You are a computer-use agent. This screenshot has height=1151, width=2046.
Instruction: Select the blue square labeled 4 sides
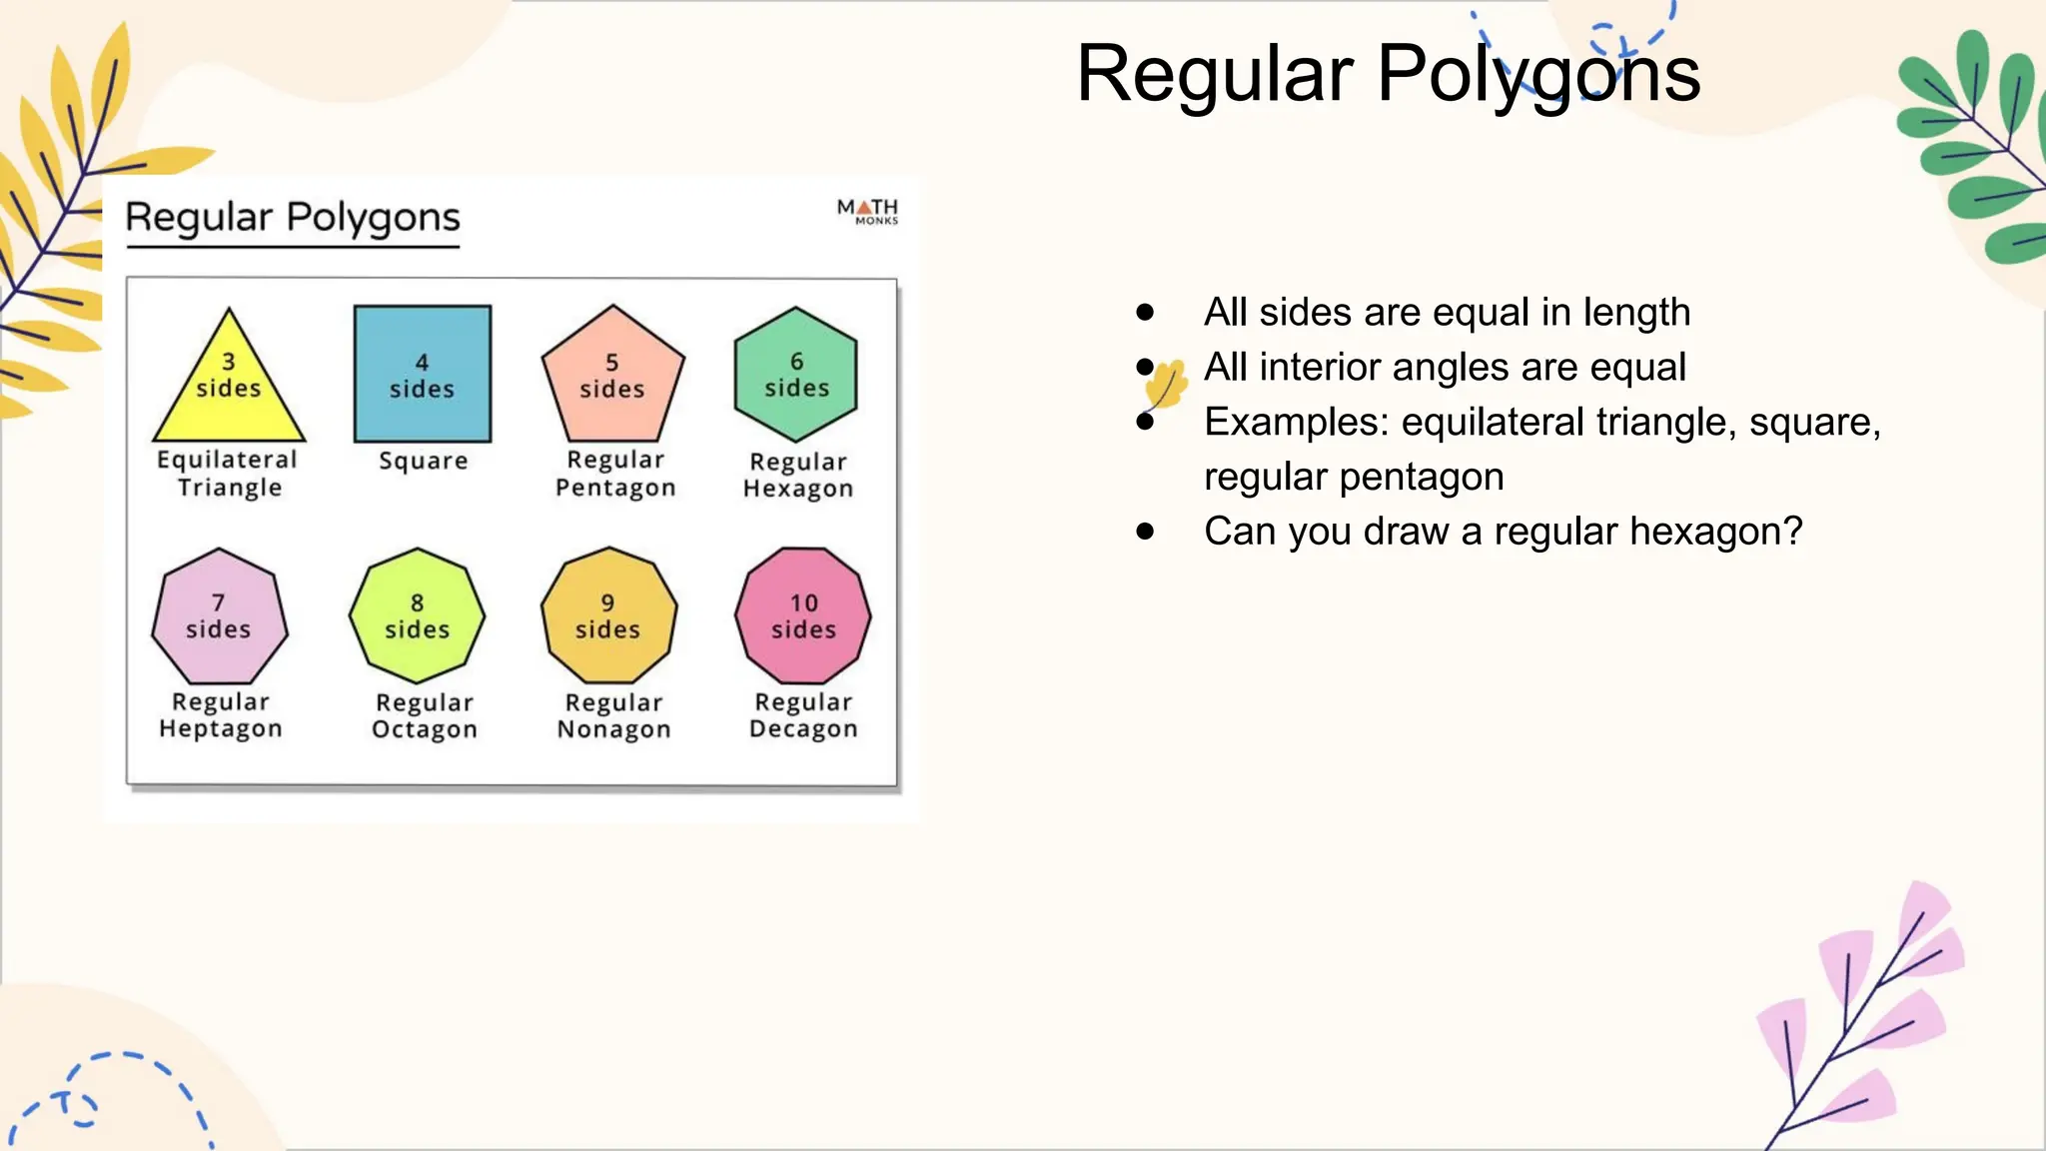[423, 374]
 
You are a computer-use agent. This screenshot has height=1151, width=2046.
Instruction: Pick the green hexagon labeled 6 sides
[796, 375]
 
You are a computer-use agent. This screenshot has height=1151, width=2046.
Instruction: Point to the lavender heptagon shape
[219, 617]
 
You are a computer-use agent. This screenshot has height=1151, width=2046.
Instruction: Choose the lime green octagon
[417, 617]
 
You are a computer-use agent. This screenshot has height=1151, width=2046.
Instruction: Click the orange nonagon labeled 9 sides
[608, 616]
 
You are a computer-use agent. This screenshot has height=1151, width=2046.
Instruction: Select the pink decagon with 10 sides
[803, 616]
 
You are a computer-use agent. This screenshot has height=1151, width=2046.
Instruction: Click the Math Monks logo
[867, 211]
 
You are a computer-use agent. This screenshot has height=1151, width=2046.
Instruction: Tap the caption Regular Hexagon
[798, 475]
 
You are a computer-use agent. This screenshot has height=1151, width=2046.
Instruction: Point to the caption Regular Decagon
[803, 715]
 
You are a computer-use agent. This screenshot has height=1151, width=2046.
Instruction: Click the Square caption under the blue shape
[424, 461]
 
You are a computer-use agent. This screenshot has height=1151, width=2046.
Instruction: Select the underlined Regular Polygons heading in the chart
[293, 218]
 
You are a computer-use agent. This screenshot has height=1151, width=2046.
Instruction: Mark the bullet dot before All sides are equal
[1145, 313]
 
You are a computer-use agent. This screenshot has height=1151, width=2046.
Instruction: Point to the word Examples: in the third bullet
[1296, 423]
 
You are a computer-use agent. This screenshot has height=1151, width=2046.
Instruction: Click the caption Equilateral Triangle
[228, 474]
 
